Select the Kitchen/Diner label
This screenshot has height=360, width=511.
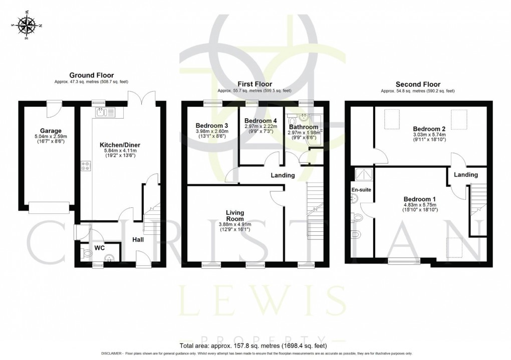point(119,145)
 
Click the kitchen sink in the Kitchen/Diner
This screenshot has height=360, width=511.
point(104,112)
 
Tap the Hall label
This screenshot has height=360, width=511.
point(138,240)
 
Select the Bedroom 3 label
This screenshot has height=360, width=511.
point(209,125)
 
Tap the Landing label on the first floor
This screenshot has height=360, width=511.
point(283,175)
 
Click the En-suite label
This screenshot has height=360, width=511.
point(361,190)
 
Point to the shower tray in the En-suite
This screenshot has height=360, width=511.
point(361,175)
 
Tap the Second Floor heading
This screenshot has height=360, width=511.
point(417,84)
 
